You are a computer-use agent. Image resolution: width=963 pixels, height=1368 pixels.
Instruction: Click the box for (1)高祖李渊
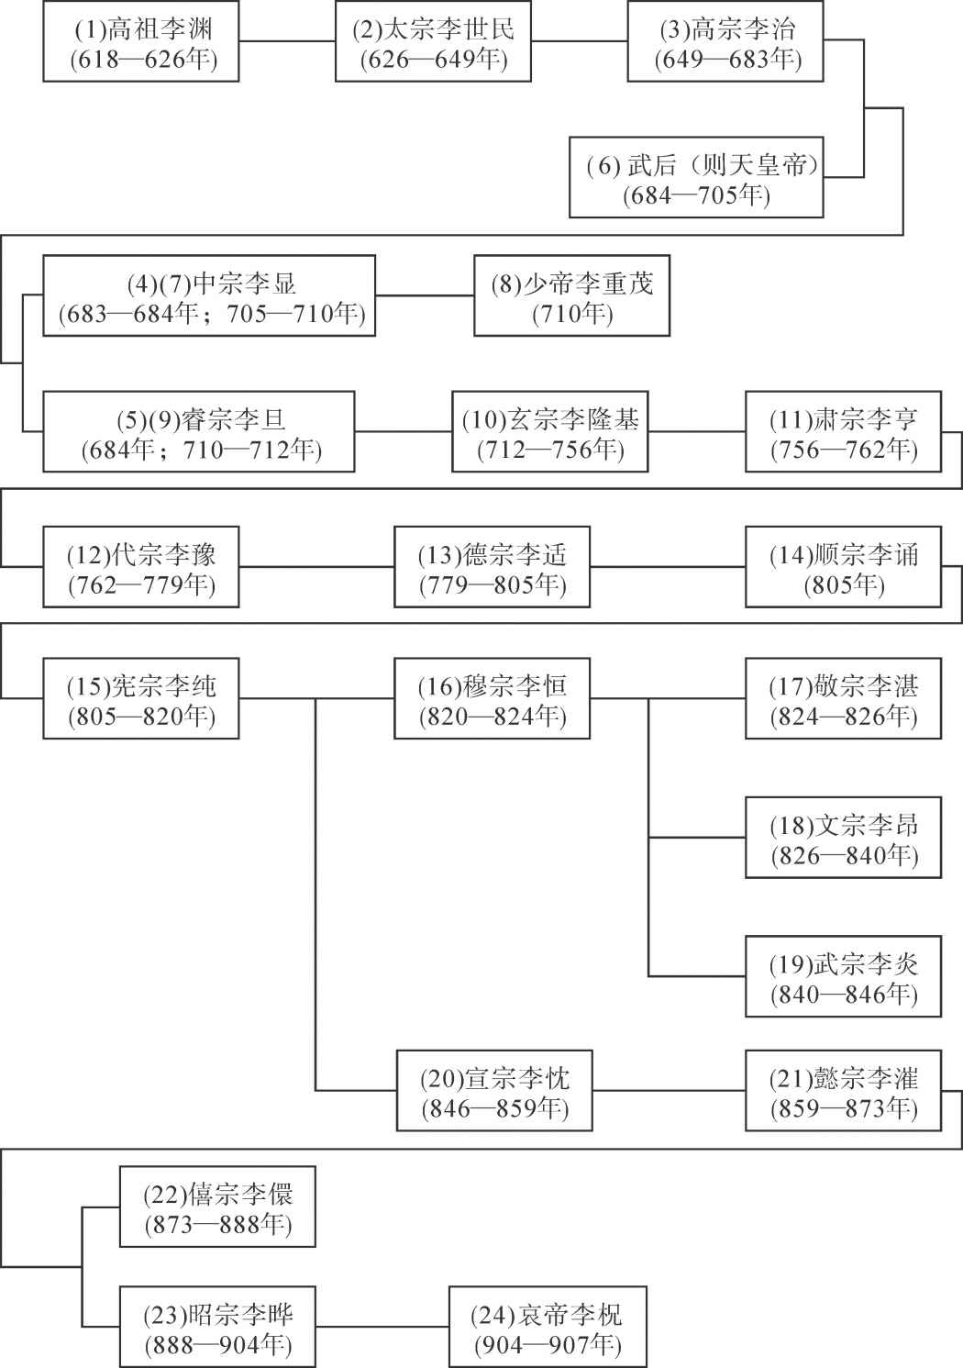pos(140,41)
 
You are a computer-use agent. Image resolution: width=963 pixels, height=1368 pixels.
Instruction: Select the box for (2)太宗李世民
pos(433,41)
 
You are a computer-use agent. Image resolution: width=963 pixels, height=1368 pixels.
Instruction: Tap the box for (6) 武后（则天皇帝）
pos(696,177)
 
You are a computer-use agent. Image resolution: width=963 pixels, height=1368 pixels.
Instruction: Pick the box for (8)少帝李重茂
pos(571,295)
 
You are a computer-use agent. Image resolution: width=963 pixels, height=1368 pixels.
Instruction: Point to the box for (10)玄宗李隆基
pos(549,432)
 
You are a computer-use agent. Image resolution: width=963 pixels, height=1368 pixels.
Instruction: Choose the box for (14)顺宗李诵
pos(843,567)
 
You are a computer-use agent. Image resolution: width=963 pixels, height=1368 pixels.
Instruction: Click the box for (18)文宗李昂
pos(843,838)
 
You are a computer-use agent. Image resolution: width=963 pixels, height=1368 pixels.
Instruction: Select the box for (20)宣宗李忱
pos(494,1091)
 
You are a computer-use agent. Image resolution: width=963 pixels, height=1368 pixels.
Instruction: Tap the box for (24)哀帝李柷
pos(548,1327)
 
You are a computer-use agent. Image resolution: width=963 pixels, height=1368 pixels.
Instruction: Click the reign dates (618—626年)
pos(144,60)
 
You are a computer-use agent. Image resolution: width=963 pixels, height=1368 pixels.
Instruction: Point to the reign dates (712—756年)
pos(551,450)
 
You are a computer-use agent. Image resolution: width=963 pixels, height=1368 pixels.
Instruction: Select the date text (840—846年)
pos(844,995)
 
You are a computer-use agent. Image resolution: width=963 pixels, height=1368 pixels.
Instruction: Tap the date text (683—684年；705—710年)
pos(212,314)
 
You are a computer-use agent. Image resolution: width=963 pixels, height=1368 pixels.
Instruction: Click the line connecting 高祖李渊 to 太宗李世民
pos(287,41)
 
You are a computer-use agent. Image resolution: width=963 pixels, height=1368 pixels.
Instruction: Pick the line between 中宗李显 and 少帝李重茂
pos(425,295)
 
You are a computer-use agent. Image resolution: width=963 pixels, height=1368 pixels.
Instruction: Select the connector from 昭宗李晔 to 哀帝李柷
pos(382,1327)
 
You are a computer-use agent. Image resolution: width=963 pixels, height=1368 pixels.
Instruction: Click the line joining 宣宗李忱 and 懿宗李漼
pos(669,1091)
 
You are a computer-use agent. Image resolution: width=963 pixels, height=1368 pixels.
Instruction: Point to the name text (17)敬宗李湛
pos(844,686)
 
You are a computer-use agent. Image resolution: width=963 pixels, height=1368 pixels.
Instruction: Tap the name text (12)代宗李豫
pos(141,555)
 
